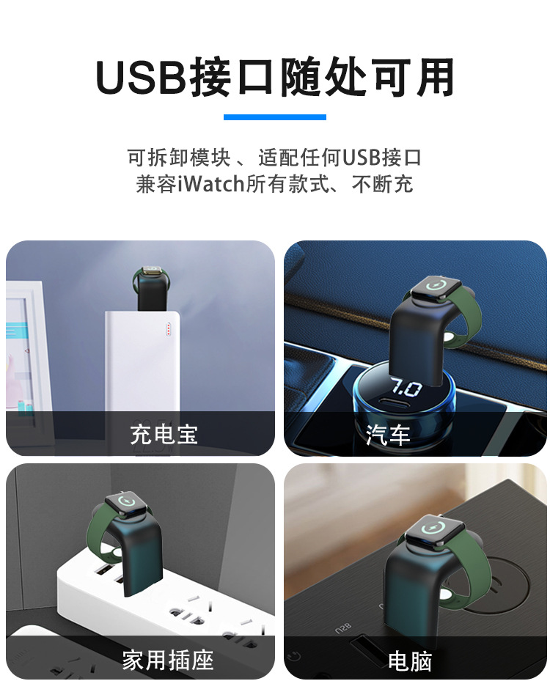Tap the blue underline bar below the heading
coord(274,117)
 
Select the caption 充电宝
coord(164,434)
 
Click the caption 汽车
coord(388,435)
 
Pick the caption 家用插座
coord(168,660)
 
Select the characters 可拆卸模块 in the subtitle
coord(179,158)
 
